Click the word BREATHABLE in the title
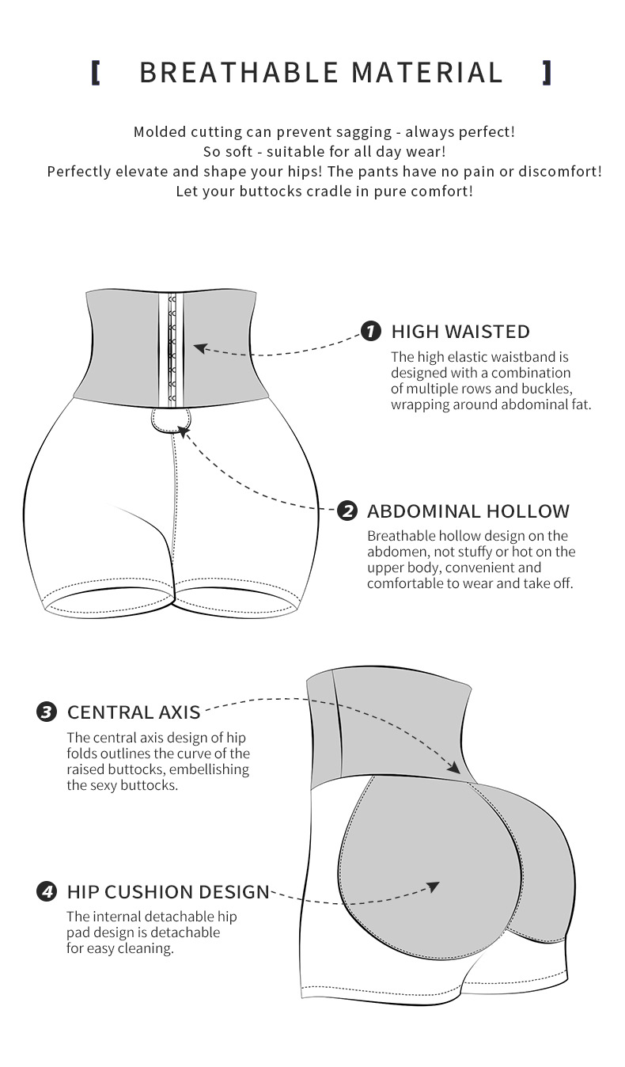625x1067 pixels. coord(238,72)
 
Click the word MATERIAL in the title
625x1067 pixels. coord(427,72)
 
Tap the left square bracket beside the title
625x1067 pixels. coord(95,73)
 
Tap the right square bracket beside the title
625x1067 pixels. coord(547,73)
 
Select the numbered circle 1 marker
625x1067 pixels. coord(371,331)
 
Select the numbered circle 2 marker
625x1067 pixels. coord(347,511)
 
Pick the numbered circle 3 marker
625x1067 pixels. coord(47,712)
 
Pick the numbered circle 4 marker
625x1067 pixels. coord(47,892)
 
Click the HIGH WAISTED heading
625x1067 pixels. coord(460,332)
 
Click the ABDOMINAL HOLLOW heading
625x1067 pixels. coord(468,511)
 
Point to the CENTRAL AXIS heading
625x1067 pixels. coord(134,712)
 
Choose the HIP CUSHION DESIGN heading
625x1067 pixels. coord(169,892)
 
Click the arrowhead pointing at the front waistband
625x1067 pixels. coord(200,348)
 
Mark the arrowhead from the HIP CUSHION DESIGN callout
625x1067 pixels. coord(434,887)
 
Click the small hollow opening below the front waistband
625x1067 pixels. coord(171,420)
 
